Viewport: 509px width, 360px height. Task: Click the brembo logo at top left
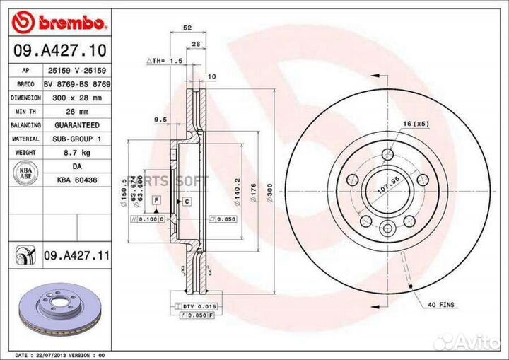click(60, 23)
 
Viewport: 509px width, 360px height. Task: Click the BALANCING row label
click(25, 125)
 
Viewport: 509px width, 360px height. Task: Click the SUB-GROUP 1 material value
click(76, 139)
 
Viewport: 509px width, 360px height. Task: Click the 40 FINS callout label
click(442, 305)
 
